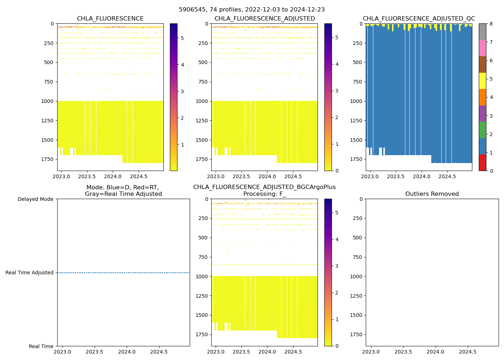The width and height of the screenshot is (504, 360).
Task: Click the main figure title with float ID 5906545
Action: point(252,10)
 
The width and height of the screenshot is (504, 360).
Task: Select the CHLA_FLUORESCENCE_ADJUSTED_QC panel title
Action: point(419,19)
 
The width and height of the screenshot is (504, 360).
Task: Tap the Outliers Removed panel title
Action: point(432,194)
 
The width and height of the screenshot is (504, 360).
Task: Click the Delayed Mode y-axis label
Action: point(35,199)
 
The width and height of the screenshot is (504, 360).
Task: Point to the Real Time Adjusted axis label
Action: point(30,273)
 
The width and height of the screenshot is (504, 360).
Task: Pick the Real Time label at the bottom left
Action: point(41,346)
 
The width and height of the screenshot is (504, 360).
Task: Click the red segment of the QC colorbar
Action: point(482,163)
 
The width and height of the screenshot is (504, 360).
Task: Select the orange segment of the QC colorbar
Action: point(482,97)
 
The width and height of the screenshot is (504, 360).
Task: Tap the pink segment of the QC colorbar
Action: point(482,48)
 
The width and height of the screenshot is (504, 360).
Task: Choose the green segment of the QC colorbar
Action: point(482,130)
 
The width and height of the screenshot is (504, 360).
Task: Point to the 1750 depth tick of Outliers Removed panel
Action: point(356,334)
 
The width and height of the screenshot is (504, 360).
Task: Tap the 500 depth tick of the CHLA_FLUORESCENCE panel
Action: point(49,62)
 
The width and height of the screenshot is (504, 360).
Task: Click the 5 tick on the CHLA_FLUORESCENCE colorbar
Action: point(183,38)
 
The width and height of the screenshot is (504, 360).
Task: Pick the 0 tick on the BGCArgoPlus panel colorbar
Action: point(337,346)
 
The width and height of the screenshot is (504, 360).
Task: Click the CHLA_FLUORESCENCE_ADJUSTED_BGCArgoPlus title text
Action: point(264,187)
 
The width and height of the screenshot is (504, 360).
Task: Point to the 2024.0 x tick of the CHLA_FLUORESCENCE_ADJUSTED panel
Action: point(267,176)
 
